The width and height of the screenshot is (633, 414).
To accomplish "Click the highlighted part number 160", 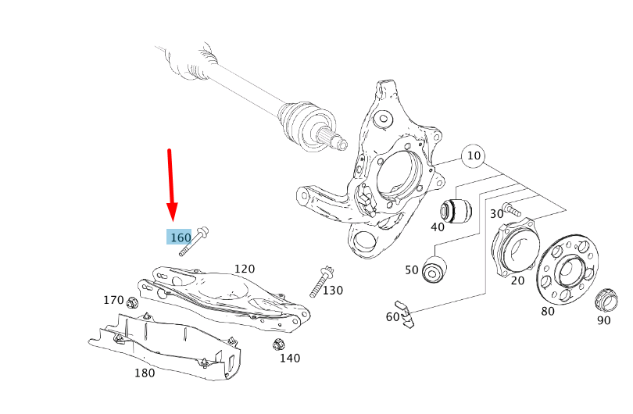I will tap(180, 237).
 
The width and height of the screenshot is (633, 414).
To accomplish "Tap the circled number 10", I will tap(474, 156).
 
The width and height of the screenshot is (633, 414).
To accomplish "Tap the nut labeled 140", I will tap(277, 344).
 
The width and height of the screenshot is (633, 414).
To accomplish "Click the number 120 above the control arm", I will tap(245, 269).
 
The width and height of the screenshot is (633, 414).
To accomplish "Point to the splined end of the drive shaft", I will tap(337, 141).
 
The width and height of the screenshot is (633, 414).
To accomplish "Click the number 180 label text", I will tap(145, 373).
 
